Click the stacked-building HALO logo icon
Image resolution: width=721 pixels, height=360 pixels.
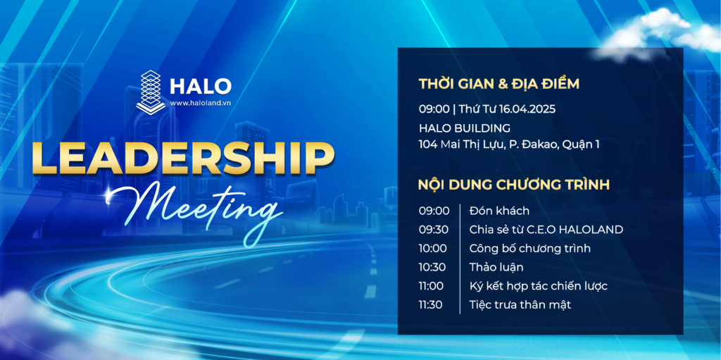[151, 91]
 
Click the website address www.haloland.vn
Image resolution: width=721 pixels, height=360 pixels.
[201, 103]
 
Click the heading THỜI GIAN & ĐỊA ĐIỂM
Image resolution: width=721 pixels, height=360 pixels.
[499, 85]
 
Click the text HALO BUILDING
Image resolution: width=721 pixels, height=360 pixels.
[465, 128]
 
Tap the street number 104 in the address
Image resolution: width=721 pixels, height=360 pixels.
[427, 144]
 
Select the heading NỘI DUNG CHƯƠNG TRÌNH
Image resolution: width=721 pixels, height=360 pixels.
[514, 185]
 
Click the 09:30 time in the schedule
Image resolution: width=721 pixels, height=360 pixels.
[434, 230]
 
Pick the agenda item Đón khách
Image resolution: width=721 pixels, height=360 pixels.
[499, 211]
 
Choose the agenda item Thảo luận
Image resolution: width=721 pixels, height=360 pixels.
[496, 267]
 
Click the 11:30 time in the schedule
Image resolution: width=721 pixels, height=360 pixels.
[430, 305]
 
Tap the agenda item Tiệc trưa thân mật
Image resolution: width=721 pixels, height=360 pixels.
[520, 305]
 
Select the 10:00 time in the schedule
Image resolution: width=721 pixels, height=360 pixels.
[433, 249]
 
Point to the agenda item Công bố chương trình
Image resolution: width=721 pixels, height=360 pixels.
[530, 249]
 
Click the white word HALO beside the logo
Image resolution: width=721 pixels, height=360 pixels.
[201, 86]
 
